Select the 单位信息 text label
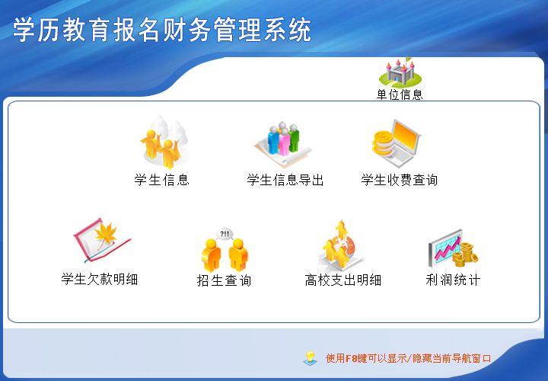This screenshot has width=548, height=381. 400,95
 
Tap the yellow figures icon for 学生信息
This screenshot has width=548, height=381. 161,143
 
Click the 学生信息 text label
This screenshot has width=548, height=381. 161,181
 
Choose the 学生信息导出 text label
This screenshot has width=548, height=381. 285,181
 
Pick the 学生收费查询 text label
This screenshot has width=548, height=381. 400,181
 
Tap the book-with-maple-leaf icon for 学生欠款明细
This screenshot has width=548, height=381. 100,241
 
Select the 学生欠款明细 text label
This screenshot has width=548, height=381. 100,280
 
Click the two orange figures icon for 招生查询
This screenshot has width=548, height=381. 225,253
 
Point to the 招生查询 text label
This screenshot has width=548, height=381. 224,280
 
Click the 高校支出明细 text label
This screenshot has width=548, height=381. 343,280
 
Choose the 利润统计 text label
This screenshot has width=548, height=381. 453,280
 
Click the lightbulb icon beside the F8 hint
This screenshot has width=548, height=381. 310,357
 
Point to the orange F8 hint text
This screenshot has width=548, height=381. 408,358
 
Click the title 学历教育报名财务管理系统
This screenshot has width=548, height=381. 162,30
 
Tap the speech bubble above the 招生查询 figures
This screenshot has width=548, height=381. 225,233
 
